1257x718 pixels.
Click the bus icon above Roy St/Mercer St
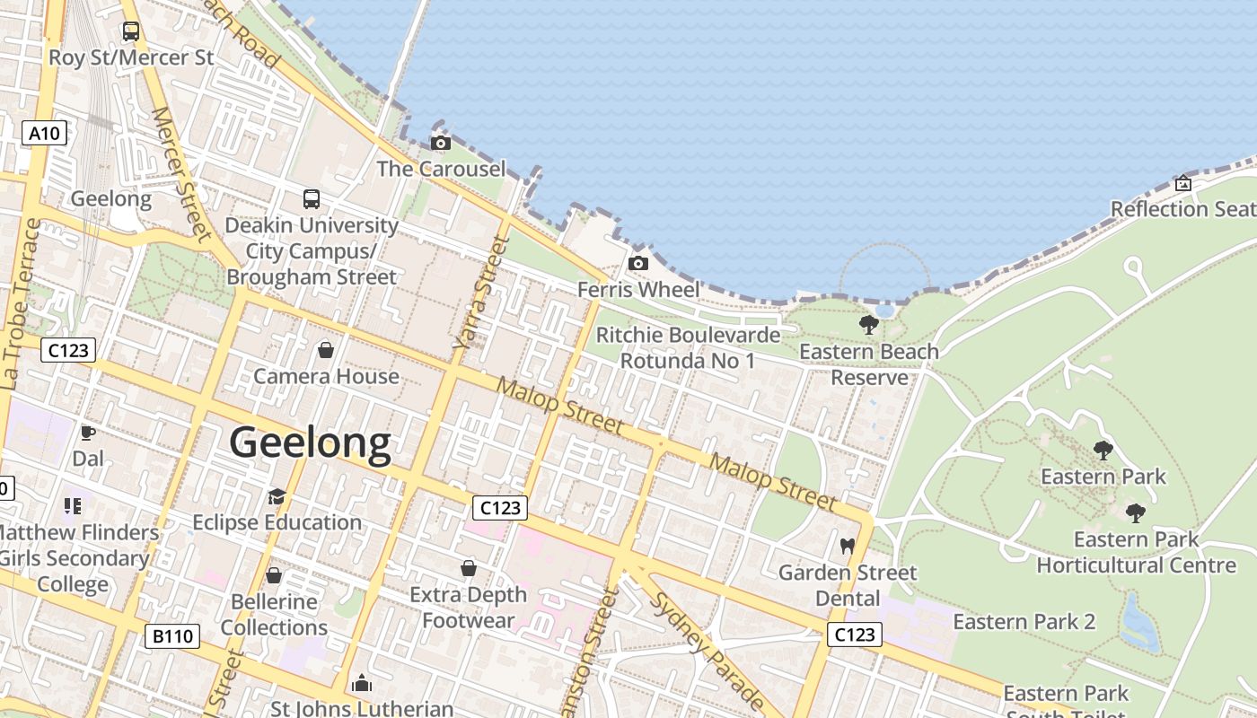pyautogui.click(x=131, y=31)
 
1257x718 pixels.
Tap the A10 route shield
pyautogui.click(x=44, y=134)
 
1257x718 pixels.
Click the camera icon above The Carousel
pyautogui.click(x=441, y=143)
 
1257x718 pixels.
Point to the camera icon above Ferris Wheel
pyautogui.click(x=638, y=263)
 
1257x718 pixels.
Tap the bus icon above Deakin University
pyautogui.click(x=312, y=198)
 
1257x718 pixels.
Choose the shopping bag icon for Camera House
pyautogui.click(x=326, y=349)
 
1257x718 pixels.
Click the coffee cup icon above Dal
pyautogui.click(x=88, y=433)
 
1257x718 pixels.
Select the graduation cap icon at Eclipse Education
pyautogui.click(x=277, y=496)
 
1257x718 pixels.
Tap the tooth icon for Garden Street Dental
pyautogui.click(x=846, y=546)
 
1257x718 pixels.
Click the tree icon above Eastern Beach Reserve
pyautogui.click(x=868, y=324)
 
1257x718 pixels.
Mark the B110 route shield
pyautogui.click(x=171, y=636)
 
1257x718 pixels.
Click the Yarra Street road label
pyautogui.click(x=476, y=292)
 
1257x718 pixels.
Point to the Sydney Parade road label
pyautogui.click(x=708, y=651)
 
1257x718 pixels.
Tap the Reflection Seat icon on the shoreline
pyautogui.click(x=1183, y=183)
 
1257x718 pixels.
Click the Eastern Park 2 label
pyautogui.click(x=1024, y=622)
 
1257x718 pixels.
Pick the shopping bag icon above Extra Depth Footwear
pyautogui.click(x=468, y=568)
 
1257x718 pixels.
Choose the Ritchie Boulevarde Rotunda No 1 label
pyautogui.click(x=688, y=347)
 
